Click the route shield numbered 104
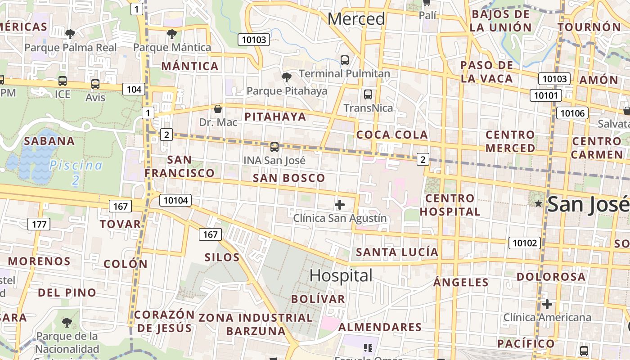134,89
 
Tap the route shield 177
39,224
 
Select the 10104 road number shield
175,200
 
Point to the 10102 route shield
525,243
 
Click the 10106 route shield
572,112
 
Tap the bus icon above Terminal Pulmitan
345,60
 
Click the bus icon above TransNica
368,94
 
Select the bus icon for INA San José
274,147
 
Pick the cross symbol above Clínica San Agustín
340,205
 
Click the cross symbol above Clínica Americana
547,304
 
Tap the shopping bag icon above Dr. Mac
218,109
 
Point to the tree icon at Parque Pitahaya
286,77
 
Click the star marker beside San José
538,204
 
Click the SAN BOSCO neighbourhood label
289,178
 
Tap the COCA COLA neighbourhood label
391,135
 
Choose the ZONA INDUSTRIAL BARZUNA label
256,324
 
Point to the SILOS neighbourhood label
222,257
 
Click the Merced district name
356,19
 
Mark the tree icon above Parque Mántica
171,33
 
